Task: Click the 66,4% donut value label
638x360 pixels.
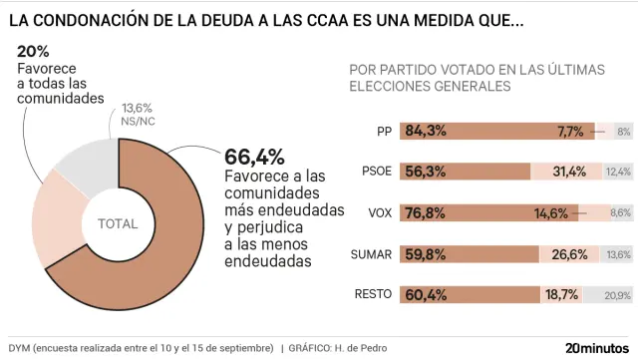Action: (x=255, y=157)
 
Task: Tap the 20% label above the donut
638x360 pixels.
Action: (x=34, y=50)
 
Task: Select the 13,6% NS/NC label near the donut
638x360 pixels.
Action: (x=137, y=113)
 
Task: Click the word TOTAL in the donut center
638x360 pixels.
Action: (x=118, y=224)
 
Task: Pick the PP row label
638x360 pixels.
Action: (x=384, y=131)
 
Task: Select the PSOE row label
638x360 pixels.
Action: (x=377, y=172)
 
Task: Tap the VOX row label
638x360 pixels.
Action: (x=380, y=212)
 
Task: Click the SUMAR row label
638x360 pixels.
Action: (x=372, y=254)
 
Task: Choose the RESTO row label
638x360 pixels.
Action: (x=373, y=294)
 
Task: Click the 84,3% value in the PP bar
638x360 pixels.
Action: (x=426, y=131)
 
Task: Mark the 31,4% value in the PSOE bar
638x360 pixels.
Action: (x=568, y=172)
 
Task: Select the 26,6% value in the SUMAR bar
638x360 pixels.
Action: (x=570, y=254)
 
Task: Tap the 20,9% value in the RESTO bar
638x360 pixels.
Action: (x=617, y=295)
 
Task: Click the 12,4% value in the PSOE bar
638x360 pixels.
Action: (x=618, y=172)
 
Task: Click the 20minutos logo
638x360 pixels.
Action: (x=598, y=347)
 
